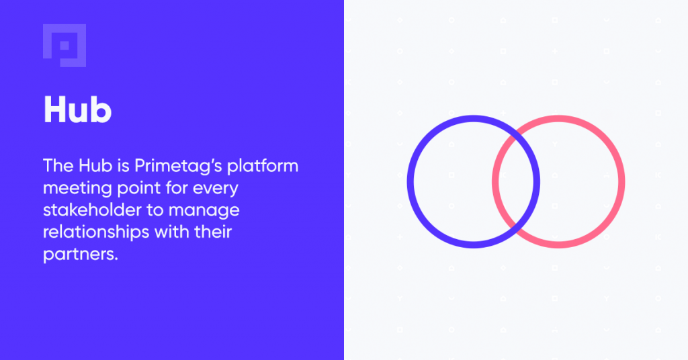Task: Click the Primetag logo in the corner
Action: (64, 46)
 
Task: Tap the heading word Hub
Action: (78, 109)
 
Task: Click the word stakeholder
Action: (92, 210)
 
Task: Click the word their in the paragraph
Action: (213, 232)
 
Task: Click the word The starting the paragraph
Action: (58, 166)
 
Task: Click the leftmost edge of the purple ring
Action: (411, 181)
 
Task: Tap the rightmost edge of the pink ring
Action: (621, 181)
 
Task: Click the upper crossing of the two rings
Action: (516, 133)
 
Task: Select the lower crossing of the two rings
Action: (516, 230)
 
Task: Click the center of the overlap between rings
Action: (516, 181)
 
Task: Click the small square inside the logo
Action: (64, 46)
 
